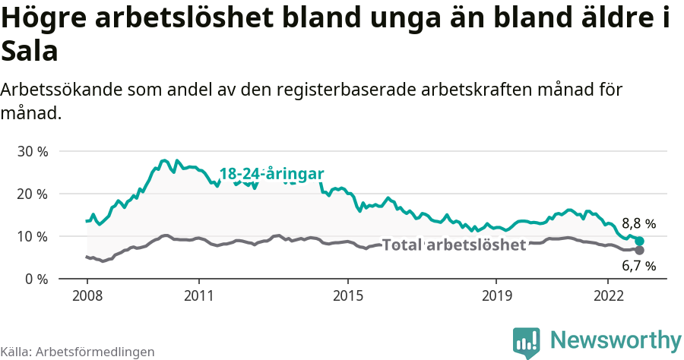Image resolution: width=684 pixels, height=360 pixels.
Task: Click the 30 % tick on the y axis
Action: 33,151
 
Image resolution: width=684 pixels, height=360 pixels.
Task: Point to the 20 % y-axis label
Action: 33,194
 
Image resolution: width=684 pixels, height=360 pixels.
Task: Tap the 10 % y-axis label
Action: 33,236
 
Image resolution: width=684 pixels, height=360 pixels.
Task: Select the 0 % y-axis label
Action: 36,279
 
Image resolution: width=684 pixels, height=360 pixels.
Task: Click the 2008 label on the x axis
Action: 87,295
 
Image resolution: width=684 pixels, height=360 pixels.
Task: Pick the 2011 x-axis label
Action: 198,295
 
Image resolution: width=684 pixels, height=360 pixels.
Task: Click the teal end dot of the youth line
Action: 639,241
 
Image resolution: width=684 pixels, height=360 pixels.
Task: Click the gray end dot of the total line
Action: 639,250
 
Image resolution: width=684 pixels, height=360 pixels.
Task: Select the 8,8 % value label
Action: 638,224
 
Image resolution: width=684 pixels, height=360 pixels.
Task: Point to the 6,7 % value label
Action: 638,266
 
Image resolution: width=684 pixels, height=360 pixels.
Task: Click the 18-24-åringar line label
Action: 271,173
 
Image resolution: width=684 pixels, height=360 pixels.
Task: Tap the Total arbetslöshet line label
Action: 454,245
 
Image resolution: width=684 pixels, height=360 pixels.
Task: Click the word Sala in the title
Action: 30,52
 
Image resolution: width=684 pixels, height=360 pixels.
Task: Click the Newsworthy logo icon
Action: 527,342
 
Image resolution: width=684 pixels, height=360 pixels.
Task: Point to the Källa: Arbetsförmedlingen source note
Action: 78,352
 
